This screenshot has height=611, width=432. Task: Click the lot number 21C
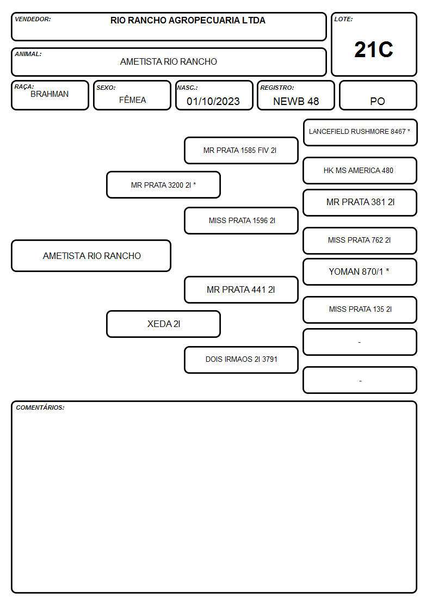pyautogui.click(x=374, y=50)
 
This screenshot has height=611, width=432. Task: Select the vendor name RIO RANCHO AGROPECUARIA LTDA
pyautogui.click(x=188, y=20)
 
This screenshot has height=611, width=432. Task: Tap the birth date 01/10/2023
pyautogui.click(x=213, y=101)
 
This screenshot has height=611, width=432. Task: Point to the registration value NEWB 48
pyautogui.click(x=296, y=101)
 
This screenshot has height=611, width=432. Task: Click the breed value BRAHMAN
pyautogui.click(x=50, y=94)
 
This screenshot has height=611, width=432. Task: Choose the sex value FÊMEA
pyautogui.click(x=132, y=100)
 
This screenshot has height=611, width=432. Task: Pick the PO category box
pyautogui.click(x=378, y=95)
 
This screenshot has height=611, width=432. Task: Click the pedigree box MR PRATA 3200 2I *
pyautogui.click(x=164, y=184)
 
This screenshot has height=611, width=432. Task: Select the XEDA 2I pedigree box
pyautogui.click(x=164, y=324)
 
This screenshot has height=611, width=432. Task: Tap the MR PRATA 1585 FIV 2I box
pyautogui.click(x=241, y=150)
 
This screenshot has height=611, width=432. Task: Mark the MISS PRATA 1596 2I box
pyautogui.click(x=241, y=220)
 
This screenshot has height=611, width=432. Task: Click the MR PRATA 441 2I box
pyautogui.click(x=241, y=289)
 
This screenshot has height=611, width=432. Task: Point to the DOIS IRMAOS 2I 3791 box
pyautogui.click(x=241, y=360)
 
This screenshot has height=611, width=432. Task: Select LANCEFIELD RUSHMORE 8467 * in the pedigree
pyautogui.click(x=360, y=133)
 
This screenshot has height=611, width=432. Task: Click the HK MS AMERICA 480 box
pyautogui.click(x=360, y=170)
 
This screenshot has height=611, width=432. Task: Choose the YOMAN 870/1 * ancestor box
pyautogui.click(x=360, y=271)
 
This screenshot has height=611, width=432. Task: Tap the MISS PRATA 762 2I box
pyautogui.click(x=360, y=240)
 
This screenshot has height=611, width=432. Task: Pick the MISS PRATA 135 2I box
pyautogui.click(x=360, y=310)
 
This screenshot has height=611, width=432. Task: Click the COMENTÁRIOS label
pyautogui.click(x=40, y=408)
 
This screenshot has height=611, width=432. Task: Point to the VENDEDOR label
pyautogui.click(x=33, y=19)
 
